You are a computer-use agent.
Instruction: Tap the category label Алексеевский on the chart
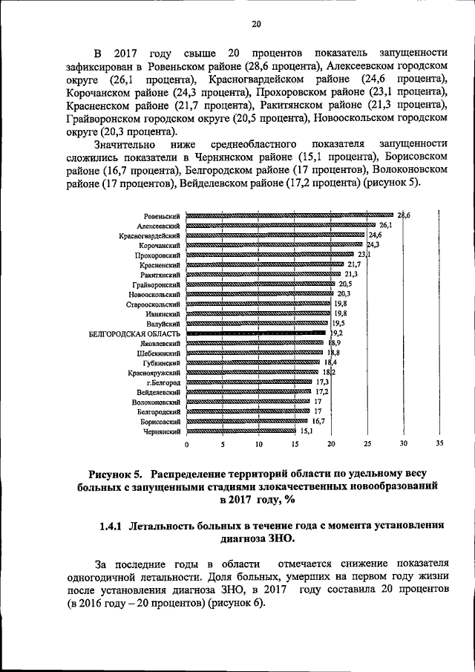pyautogui.click(x=160, y=225)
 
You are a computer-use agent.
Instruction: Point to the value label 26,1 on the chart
pyautogui.click(x=385, y=224)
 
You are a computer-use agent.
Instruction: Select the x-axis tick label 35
pyautogui.click(x=439, y=444)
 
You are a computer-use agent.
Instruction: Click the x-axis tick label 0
pyautogui.click(x=186, y=444)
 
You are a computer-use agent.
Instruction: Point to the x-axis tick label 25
pyautogui.click(x=367, y=444)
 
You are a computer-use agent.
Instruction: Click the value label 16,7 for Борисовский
pyautogui.click(x=318, y=420)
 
